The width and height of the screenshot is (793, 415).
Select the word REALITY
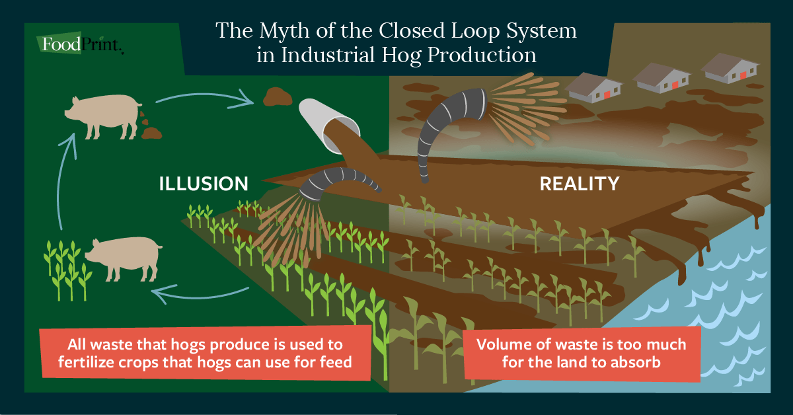tap(580, 183)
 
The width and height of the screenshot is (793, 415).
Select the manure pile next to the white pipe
tap(278, 96)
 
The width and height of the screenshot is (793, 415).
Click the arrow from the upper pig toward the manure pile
tap(205, 99)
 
